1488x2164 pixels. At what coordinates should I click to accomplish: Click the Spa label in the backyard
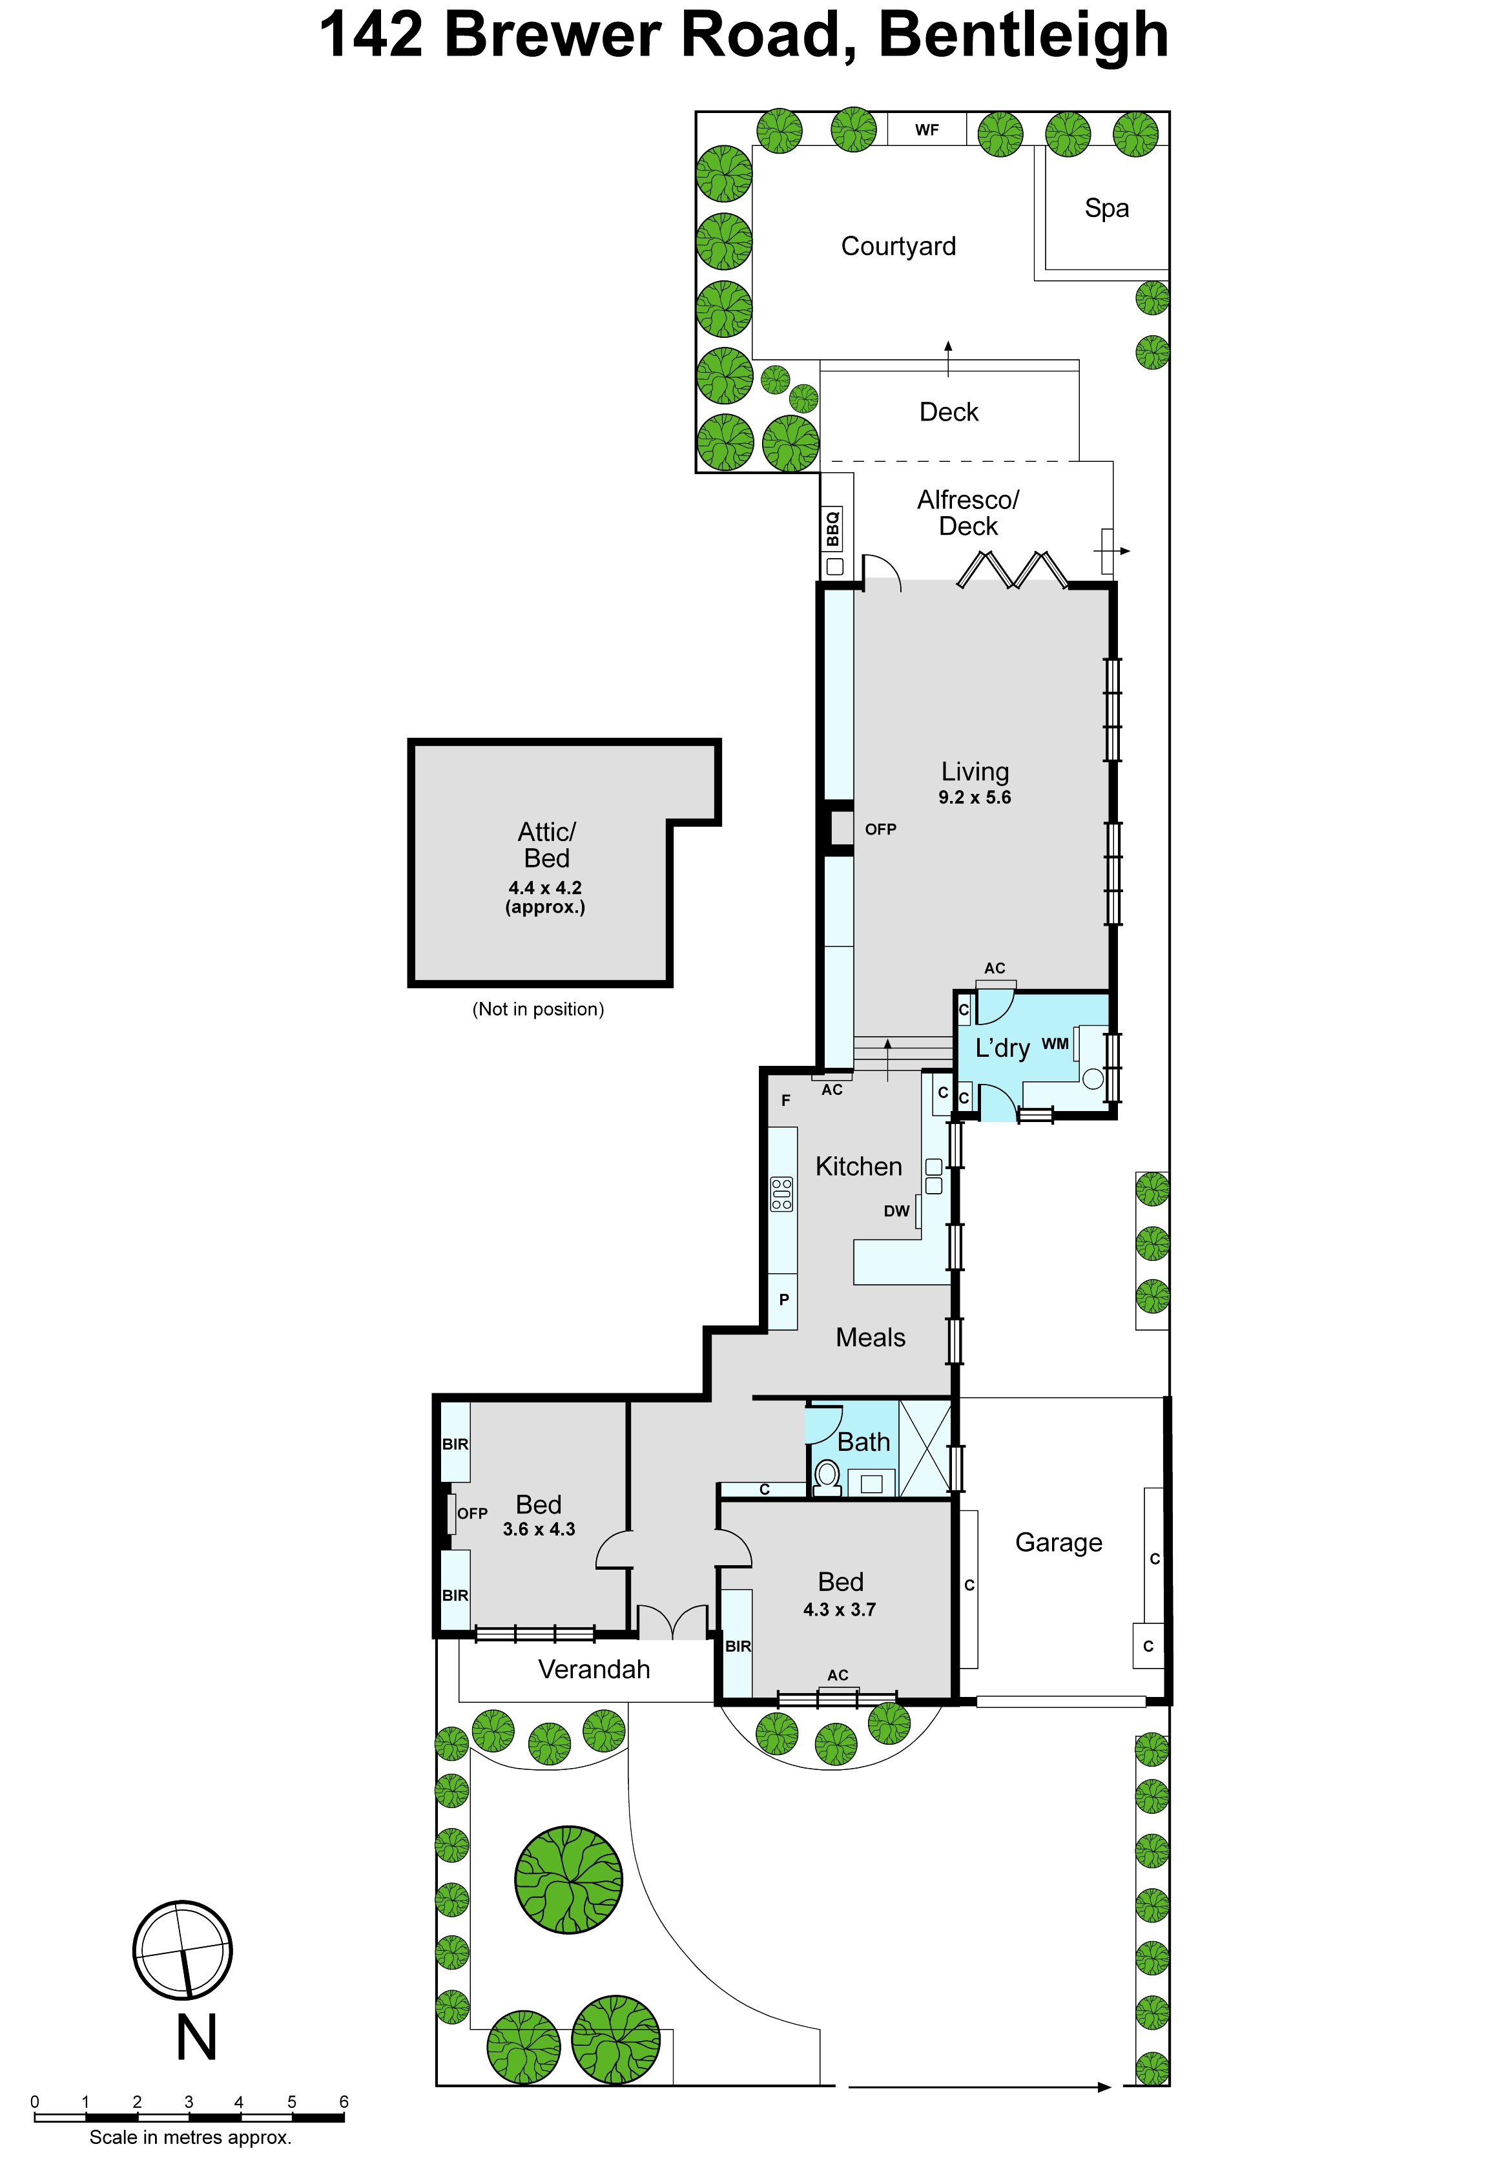[x=1107, y=209]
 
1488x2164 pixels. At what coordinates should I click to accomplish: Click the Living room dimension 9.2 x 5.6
[x=975, y=797]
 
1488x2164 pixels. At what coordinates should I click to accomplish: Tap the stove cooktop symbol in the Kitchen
[x=781, y=1194]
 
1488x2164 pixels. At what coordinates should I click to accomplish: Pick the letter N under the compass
[x=197, y=2037]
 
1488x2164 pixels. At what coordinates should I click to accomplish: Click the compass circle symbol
[x=183, y=1950]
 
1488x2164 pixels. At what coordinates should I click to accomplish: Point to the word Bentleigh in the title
[x=1024, y=36]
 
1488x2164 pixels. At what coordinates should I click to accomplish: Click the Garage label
[x=1058, y=1543]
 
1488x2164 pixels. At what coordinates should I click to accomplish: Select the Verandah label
[x=594, y=1669]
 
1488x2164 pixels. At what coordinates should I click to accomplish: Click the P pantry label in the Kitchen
[x=784, y=1299]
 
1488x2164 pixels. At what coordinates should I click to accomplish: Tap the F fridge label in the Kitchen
[x=786, y=1100]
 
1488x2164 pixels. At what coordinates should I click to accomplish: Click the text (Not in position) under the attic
[x=538, y=1009]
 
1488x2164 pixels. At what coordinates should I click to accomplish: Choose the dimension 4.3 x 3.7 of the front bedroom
[x=839, y=1609]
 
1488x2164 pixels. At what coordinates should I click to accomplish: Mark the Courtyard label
[x=899, y=246]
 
